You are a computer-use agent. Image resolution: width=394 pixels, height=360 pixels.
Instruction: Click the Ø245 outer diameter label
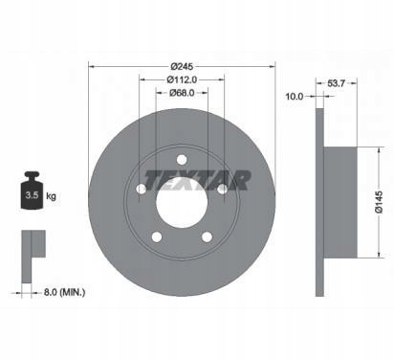(182, 66)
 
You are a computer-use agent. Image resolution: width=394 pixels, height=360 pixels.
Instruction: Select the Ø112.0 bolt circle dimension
(182, 79)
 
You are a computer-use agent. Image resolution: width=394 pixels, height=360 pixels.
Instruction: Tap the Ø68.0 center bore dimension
(182, 93)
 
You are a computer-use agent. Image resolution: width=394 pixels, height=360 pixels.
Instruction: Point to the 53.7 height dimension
(337, 83)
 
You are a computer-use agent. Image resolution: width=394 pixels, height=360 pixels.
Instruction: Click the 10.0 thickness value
(295, 96)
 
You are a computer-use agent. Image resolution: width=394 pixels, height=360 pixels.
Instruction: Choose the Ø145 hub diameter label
(379, 203)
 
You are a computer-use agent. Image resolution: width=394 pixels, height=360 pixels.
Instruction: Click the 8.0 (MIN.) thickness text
(64, 292)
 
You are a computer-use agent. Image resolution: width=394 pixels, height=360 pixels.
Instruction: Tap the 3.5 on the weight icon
(32, 195)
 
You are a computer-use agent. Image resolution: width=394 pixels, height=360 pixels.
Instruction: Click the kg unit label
(51, 195)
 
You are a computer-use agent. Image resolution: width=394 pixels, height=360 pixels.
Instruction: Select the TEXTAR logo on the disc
(198, 180)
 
